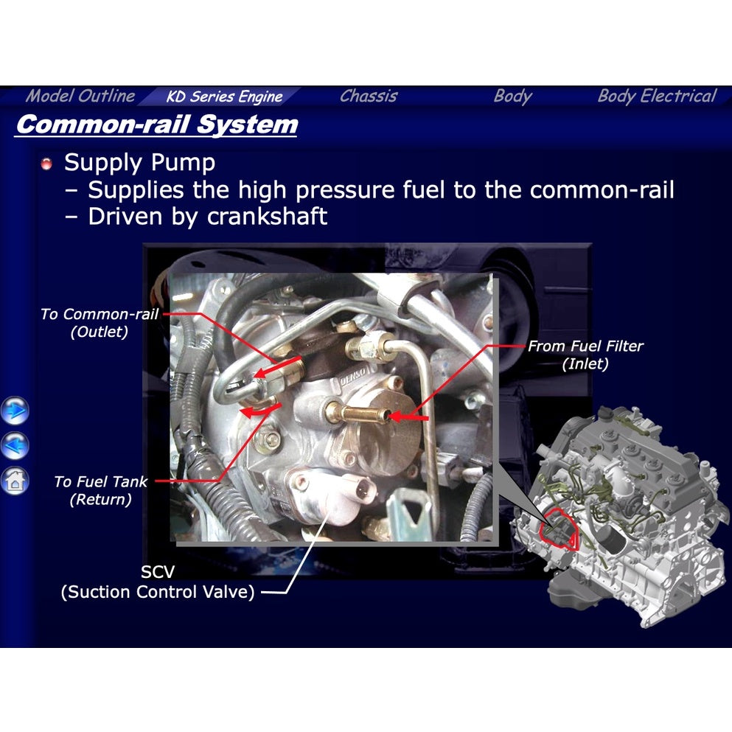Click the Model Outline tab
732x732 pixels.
[x=80, y=97]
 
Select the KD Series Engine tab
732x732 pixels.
[x=224, y=97]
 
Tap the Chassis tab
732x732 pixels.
[x=369, y=97]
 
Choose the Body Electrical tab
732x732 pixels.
[x=656, y=97]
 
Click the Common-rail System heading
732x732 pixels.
[x=156, y=125]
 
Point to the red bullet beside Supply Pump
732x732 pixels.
[x=47, y=164]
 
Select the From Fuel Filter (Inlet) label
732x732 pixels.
[x=585, y=355]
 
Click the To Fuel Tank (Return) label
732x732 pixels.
[x=100, y=490]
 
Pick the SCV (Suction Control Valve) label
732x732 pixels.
[x=157, y=582]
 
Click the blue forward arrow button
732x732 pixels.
[x=15, y=410]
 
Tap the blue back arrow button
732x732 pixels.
[x=15, y=445]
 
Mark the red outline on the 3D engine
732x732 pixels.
[x=560, y=528]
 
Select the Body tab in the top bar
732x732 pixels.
[x=512, y=97]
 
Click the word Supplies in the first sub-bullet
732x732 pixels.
[x=135, y=190]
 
